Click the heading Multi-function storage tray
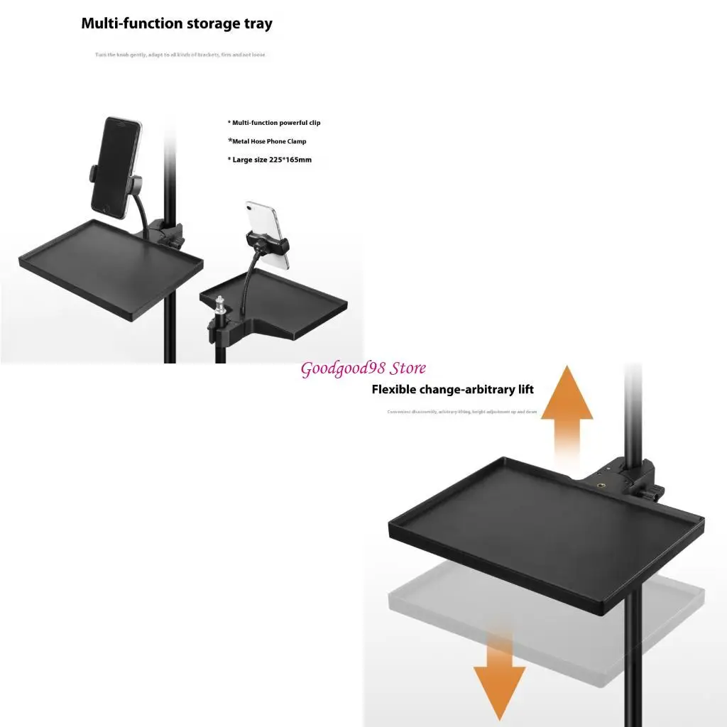click(x=177, y=23)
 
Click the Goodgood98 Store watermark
click(x=363, y=368)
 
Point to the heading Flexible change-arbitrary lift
click(x=453, y=390)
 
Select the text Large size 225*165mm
click(x=272, y=160)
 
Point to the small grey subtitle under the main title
click(x=180, y=55)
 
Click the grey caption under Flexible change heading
click(x=462, y=412)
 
